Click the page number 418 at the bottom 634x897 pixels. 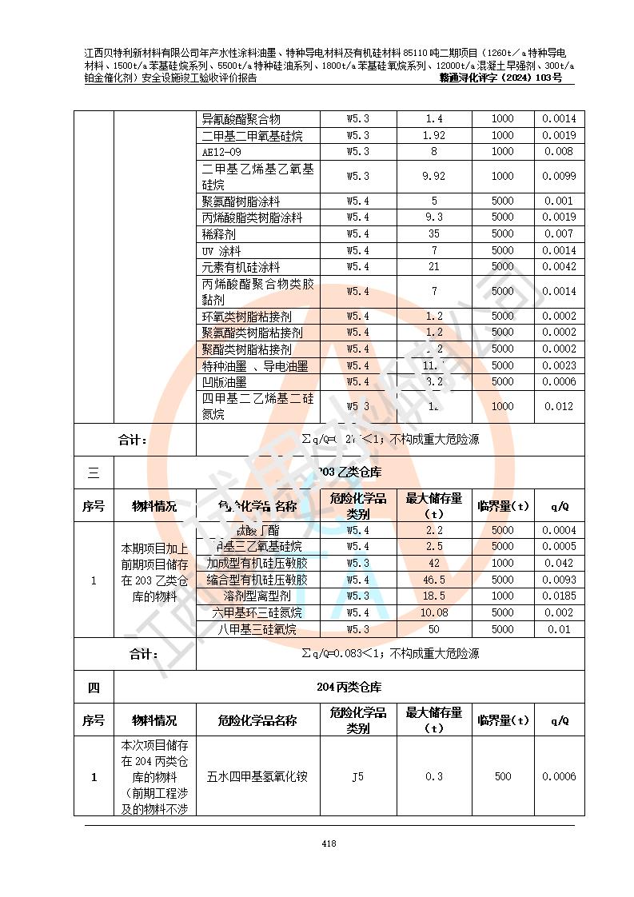click(x=329, y=843)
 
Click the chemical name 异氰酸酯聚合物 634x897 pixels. click(x=241, y=119)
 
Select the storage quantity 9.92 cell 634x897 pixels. click(x=433, y=176)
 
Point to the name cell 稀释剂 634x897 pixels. click(x=218, y=234)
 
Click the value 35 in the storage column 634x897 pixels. click(x=433, y=234)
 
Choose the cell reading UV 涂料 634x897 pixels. click(x=221, y=251)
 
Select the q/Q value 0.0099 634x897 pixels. click(x=559, y=176)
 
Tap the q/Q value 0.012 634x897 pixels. click(x=559, y=406)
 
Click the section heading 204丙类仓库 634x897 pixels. click(x=349, y=687)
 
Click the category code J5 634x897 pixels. click(x=357, y=776)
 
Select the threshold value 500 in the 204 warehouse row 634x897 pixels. click(x=502, y=776)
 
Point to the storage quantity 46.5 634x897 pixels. click(x=433, y=580)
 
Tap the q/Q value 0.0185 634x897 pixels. click(x=559, y=596)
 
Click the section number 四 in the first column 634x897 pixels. click(x=94, y=687)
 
